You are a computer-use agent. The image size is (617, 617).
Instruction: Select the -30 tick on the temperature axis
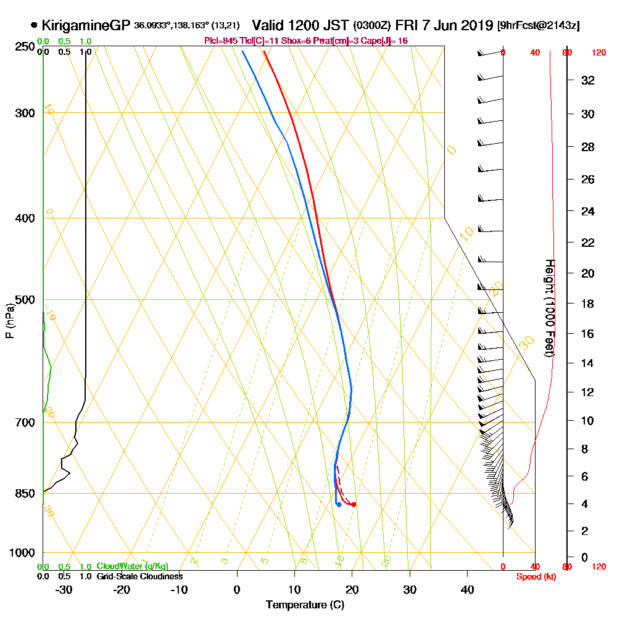pyautogui.click(x=64, y=589)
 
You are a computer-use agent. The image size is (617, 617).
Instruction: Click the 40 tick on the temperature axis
pyautogui.click(x=467, y=589)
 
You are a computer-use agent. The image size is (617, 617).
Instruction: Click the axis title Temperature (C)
pyautogui.click(x=305, y=605)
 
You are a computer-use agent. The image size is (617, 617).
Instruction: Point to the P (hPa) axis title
pyautogui.click(x=9, y=320)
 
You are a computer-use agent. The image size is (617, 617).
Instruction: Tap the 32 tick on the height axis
pyautogui.click(x=587, y=80)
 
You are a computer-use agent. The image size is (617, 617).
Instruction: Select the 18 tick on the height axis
pyautogui.click(x=587, y=304)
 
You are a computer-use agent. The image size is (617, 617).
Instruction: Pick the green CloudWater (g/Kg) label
pyautogui.click(x=131, y=566)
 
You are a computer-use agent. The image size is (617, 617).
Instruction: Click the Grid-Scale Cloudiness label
pyautogui.click(x=139, y=576)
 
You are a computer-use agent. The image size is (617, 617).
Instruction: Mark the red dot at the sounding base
pyautogui.click(x=354, y=505)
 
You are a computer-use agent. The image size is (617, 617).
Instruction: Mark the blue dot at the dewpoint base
pyautogui.click(x=339, y=505)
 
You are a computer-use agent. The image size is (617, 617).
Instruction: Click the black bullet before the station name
pyautogui.click(x=33, y=26)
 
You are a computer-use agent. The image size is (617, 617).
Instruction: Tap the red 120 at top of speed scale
pyautogui.click(x=598, y=52)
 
